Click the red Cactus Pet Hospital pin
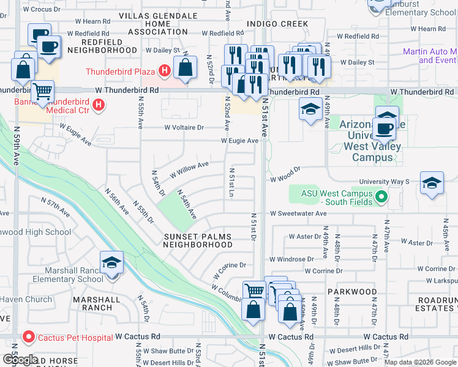pyautogui.click(x=28, y=337)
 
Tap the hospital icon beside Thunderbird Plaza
pyautogui.click(x=163, y=72)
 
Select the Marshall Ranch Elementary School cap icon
pyautogui.click(x=111, y=263)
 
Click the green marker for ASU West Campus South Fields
pyautogui.click(x=381, y=197)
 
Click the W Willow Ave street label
pyautogui.click(x=189, y=168)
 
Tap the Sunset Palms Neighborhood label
pyautogui.click(x=198, y=240)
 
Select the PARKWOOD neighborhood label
pyautogui.click(x=351, y=292)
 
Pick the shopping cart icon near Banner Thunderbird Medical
pyautogui.click(x=42, y=92)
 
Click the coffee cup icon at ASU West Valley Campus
pyautogui.click(x=384, y=129)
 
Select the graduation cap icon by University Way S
pyautogui.click(x=432, y=183)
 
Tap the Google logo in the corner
pyautogui.click(x=20, y=360)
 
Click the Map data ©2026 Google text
pyautogui.click(x=420, y=361)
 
